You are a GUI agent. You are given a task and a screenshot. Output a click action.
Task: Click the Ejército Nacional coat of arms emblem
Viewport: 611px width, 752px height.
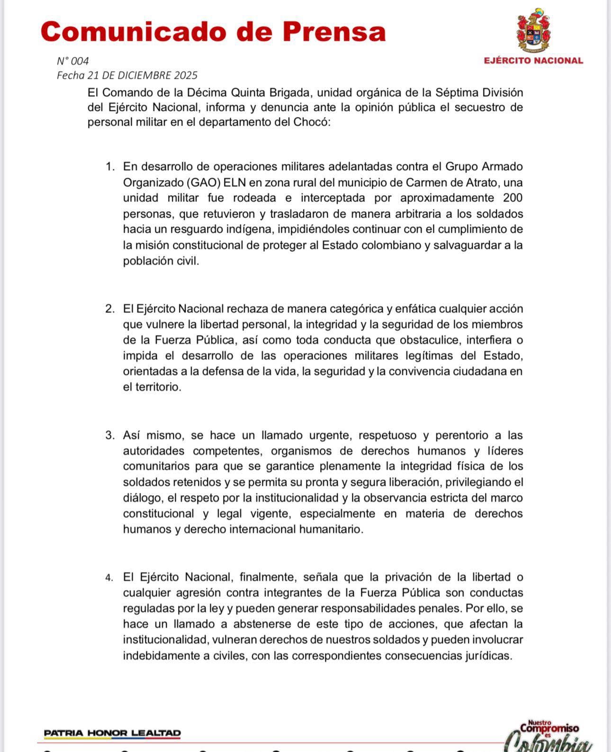coord(534,31)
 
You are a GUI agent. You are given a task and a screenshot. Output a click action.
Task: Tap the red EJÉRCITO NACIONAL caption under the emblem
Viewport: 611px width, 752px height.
coord(533,61)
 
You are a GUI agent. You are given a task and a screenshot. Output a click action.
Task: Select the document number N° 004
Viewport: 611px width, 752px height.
coord(72,61)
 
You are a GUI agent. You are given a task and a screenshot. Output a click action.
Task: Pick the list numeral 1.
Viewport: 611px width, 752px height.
coord(109,167)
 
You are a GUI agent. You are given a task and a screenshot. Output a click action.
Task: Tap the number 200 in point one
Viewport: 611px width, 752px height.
coord(513,198)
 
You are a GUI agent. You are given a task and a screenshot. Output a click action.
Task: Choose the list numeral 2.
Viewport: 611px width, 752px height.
coord(109,309)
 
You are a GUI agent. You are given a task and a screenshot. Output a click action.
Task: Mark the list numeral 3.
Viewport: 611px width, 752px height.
coord(109,435)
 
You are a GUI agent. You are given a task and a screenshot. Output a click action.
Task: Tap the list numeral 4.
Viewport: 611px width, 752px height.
coord(109,578)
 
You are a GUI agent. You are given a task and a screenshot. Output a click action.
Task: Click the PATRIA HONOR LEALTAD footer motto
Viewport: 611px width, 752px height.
coord(112,733)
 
